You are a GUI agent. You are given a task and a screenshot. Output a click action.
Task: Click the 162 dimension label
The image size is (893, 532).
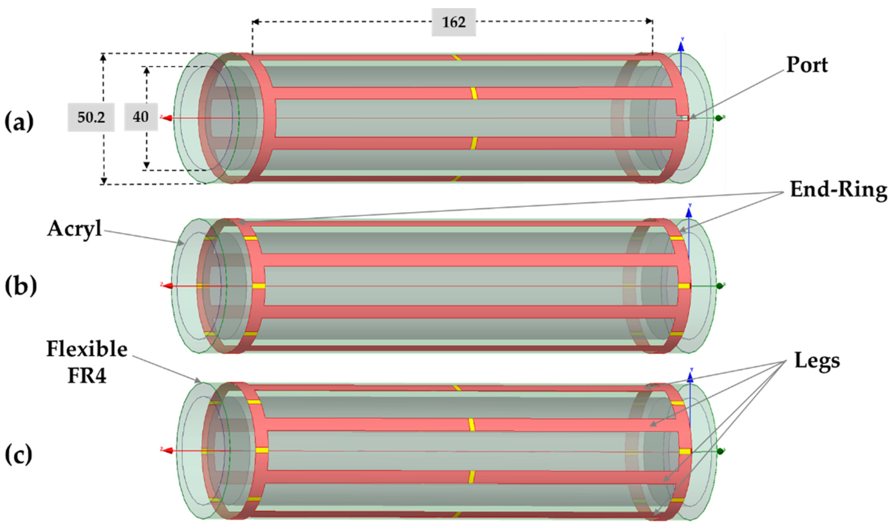(453, 22)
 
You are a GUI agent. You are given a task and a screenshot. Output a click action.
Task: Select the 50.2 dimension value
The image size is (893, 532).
(91, 117)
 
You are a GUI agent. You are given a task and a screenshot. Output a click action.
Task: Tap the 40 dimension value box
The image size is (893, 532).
(141, 117)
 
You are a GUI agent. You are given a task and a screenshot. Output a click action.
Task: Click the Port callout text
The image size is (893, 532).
(807, 65)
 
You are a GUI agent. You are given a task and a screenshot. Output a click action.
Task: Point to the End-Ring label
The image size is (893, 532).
(838, 190)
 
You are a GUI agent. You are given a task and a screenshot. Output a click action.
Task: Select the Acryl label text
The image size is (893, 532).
(75, 228)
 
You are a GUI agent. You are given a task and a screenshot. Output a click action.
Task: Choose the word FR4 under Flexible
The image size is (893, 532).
(87, 376)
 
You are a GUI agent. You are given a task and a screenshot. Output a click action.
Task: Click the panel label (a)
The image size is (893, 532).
(19, 122)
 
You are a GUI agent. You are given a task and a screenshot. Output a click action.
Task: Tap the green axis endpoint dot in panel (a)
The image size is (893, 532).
(718, 118)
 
